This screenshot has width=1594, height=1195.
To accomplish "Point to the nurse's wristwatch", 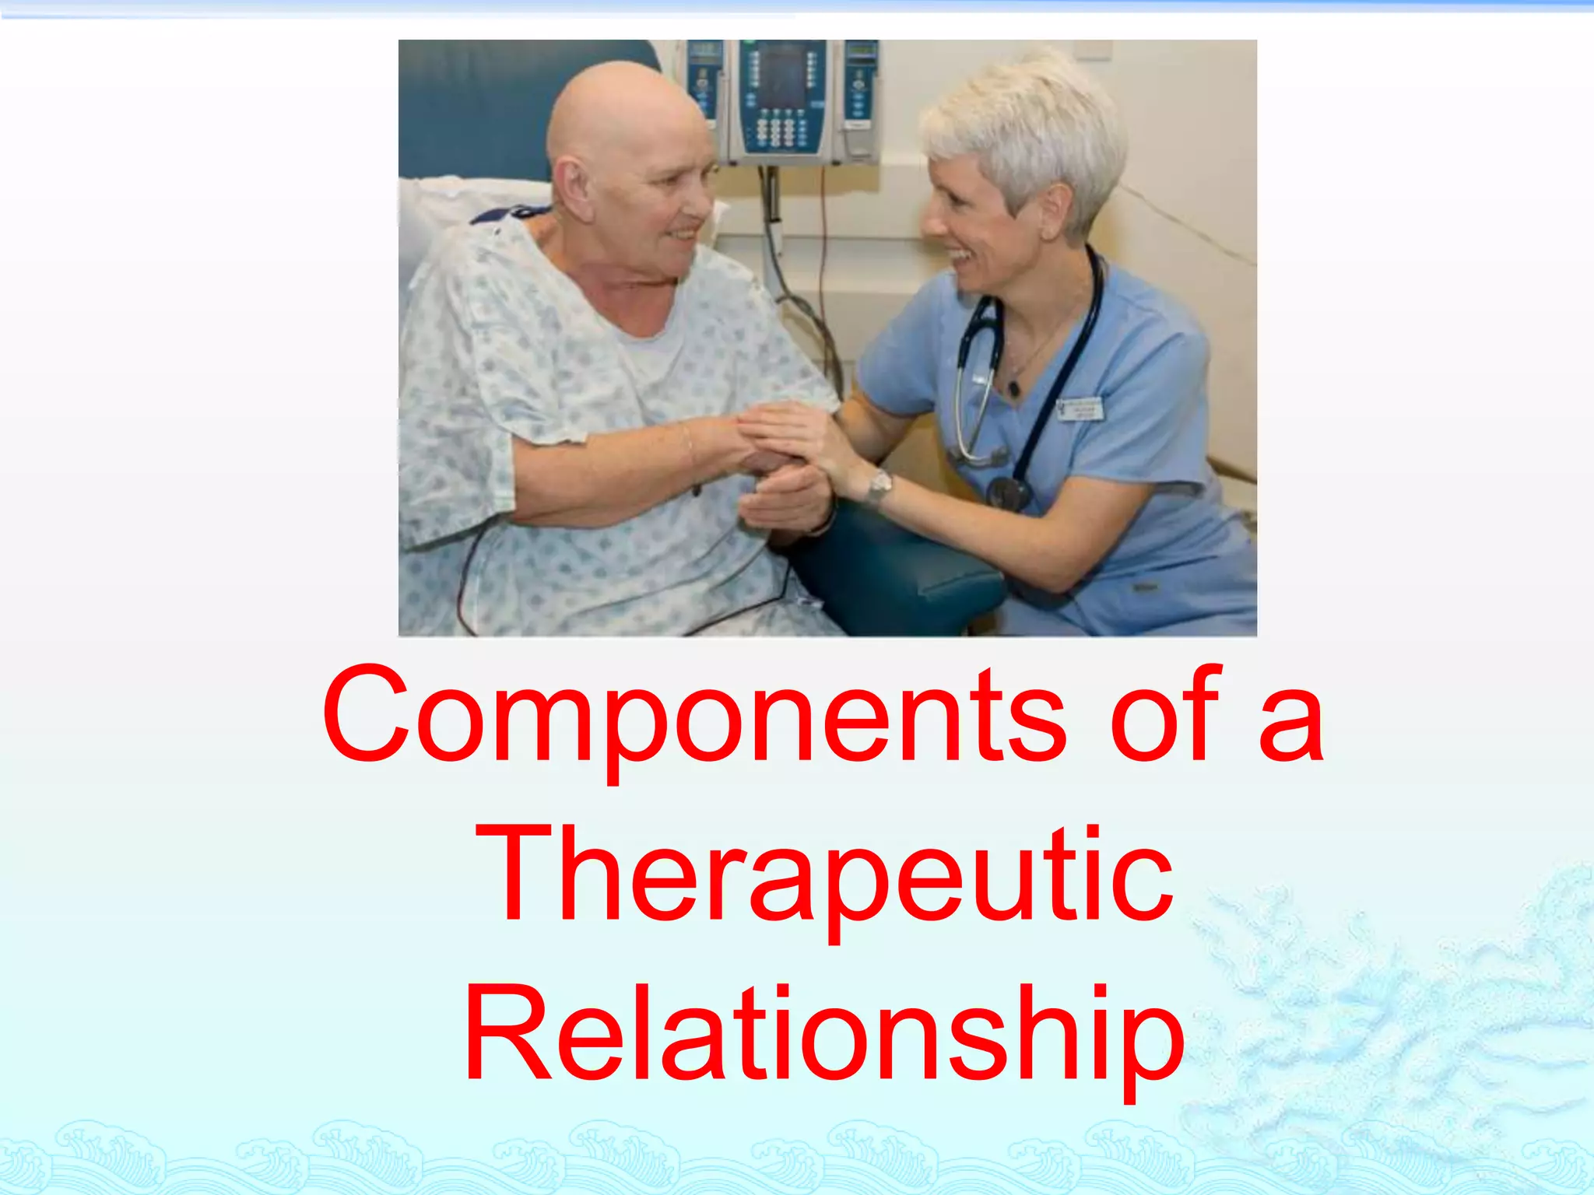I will click(x=880, y=487).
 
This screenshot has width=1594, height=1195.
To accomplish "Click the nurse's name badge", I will click(x=1081, y=408).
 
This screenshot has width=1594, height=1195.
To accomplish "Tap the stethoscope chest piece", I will click(x=1008, y=492).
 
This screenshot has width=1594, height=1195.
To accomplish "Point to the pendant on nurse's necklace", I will click(x=1013, y=387).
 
